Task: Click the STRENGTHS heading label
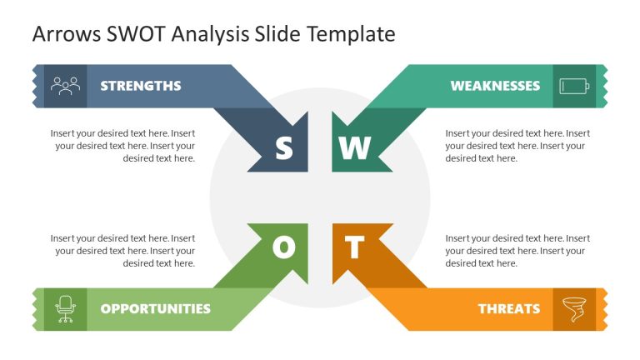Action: (x=140, y=86)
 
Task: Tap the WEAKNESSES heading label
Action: (x=495, y=86)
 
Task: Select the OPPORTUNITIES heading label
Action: (x=155, y=308)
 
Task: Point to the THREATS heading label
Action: (x=508, y=308)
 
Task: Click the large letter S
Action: (x=284, y=148)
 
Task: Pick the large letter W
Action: (x=354, y=148)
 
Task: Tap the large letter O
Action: (x=284, y=247)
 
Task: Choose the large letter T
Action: (x=355, y=247)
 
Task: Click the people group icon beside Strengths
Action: (x=64, y=85)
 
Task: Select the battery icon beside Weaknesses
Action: (x=574, y=86)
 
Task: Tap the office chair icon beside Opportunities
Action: (x=64, y=308)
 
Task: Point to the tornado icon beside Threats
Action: (x=573, y=307)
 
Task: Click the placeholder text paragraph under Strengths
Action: (x=123, y=146)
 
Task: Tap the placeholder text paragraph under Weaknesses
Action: (x=517, y=146)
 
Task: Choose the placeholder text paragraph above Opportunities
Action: (x=123, y=251)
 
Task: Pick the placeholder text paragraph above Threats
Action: (x=517, y=251)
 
